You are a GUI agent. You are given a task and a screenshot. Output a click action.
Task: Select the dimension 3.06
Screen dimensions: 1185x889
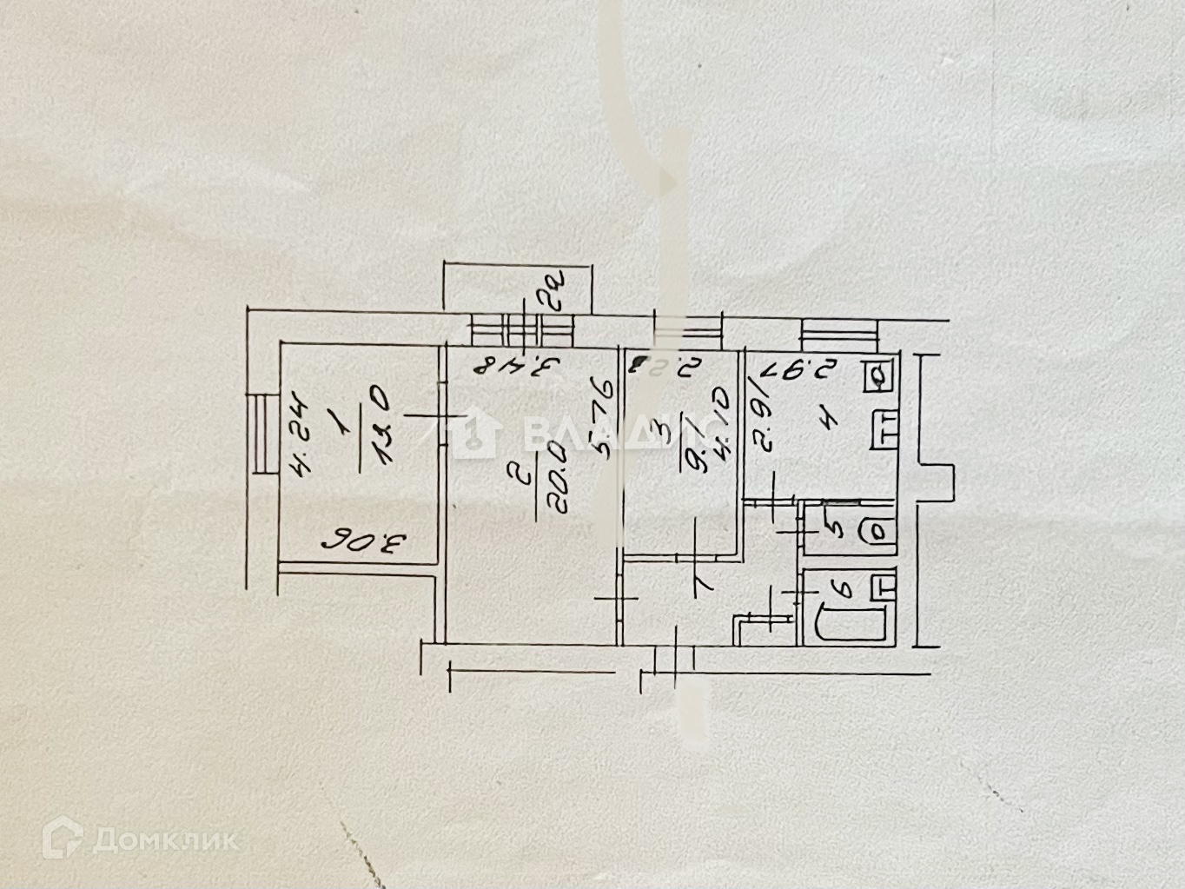tap(365, 544)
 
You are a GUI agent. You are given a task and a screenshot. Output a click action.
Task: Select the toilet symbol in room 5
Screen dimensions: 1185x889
tap(877, 529)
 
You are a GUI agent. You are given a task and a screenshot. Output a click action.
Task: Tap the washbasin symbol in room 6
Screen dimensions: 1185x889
tap(883, 584)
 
